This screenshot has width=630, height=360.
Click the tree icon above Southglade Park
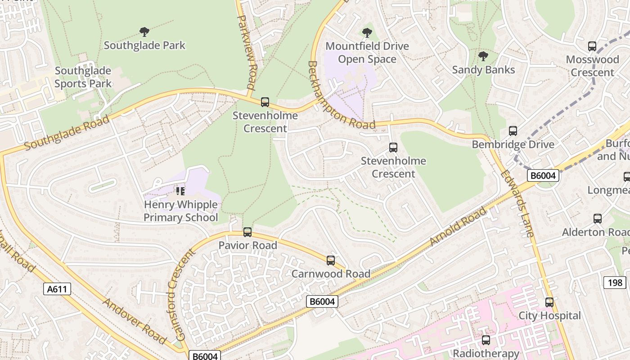tap(144, 32)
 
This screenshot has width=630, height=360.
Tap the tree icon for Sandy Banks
tap(483, 56)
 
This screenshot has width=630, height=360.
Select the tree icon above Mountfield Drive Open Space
tap(367, 33)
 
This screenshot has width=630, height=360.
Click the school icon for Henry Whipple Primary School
tap(180, 191)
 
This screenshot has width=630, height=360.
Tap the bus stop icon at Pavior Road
tap(247, 232)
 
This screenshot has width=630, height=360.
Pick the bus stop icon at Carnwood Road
tap(331, 261)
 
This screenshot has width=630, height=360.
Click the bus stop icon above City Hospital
tap(549, 302)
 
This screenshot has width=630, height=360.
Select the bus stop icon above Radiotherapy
tap(486, 340)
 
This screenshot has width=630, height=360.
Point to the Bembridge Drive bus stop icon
tap(513, 131)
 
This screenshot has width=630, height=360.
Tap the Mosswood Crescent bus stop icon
tap(592, 46)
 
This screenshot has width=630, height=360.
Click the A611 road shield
tap(58, 289)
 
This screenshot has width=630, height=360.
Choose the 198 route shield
tap(614, 283)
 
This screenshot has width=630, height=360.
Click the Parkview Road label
tap(247, 52)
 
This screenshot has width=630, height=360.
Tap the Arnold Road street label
tap(458, 226)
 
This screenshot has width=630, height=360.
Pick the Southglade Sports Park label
tap(83, 77)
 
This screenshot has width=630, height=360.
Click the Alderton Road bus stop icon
tap(598, 219)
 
